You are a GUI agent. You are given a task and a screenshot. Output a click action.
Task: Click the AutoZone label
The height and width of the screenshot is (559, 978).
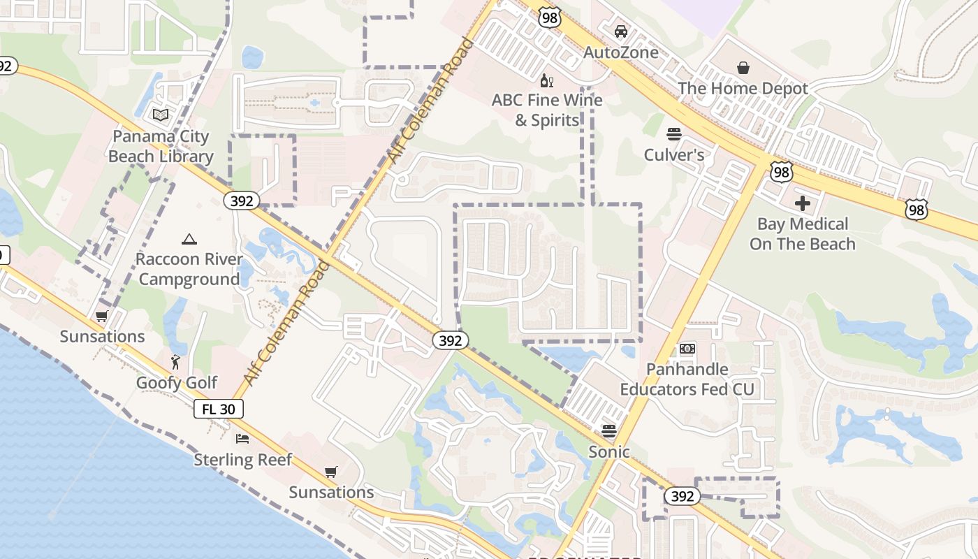point(621,52)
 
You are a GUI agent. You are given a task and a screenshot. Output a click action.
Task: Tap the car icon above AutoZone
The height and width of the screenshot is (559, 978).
point(621,31)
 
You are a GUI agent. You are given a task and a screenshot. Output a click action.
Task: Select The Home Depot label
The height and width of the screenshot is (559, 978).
point(743,89)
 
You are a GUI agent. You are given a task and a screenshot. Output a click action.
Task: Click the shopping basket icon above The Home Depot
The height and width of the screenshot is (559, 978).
point(743,68)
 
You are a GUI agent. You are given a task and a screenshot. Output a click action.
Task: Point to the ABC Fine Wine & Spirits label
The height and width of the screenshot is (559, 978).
point(547,110)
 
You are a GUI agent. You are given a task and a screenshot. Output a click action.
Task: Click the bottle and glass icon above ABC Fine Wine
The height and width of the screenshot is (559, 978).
point(547,80)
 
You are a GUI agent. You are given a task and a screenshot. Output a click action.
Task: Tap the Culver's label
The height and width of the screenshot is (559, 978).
point(674,154)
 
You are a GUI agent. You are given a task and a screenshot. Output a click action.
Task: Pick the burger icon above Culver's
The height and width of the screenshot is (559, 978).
point(674,133)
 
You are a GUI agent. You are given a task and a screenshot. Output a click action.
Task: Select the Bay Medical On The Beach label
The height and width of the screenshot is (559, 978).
point(803,234)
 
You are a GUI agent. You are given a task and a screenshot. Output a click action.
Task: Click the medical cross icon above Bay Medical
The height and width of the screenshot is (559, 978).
point(803,203)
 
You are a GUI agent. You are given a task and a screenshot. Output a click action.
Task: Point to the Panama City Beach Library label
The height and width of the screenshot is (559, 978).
point(161,146)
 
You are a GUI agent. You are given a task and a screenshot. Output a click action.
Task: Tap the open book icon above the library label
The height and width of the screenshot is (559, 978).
point(161,115)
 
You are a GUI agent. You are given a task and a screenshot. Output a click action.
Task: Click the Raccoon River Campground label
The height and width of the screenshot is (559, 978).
point(189,270)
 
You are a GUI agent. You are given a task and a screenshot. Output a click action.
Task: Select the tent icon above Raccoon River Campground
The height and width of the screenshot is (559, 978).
point(189,240)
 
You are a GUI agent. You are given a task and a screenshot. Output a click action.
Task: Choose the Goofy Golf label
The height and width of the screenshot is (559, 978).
point(177,383)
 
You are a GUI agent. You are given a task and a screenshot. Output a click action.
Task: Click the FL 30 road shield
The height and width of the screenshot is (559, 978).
point(219,409)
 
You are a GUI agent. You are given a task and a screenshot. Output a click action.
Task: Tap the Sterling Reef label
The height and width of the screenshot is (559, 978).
point(242,460)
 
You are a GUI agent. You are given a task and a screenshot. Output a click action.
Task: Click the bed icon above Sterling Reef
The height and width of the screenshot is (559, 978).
point(242,439)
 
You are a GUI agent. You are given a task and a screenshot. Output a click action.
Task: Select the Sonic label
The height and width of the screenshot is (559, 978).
point(609,452)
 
